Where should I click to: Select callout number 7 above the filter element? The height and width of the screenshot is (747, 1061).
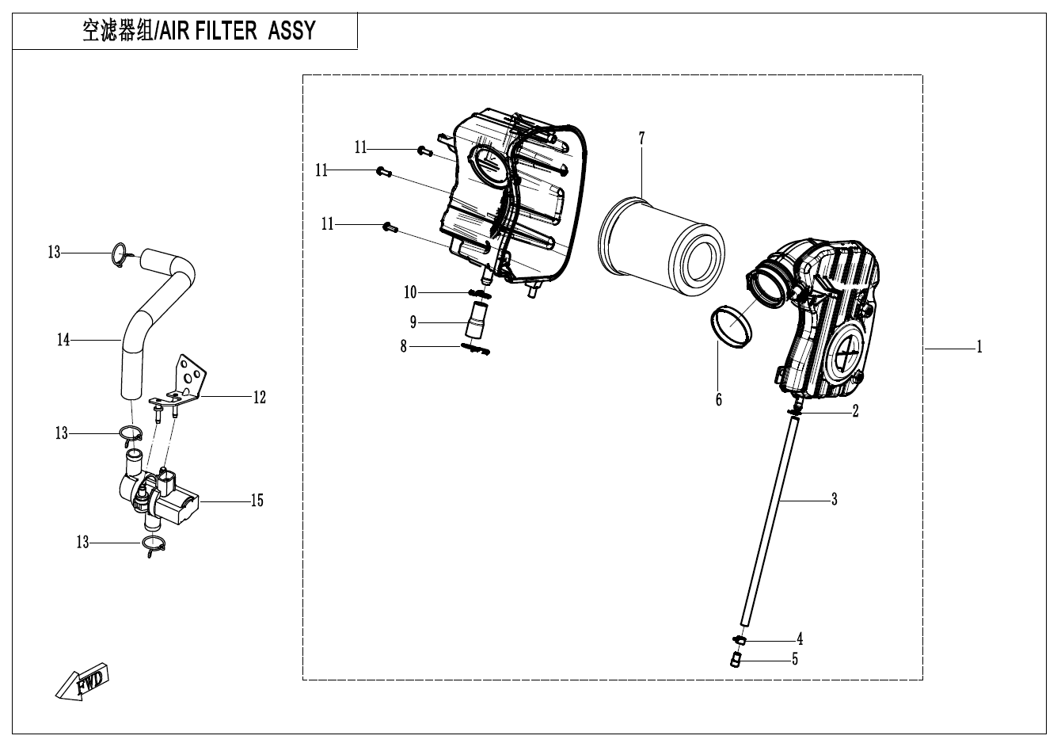tap(641, 139)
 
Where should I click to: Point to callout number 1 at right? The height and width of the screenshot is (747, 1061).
tap(979, 347)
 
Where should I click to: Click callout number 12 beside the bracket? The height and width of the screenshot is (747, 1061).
tap(260, 397)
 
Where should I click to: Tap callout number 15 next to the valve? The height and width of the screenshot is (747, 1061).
tap(257, 501)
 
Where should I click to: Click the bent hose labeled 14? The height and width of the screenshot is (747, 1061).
tap(158, 309)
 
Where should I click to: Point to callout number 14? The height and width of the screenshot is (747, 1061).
tap(63, 340)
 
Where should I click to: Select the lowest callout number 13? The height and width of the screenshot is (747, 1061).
tap(82, 543)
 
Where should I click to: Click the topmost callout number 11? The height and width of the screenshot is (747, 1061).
tap(361, 147)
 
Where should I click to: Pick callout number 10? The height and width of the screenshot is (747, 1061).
tap(410, 293)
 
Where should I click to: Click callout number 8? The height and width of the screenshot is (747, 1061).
tap(404, 346)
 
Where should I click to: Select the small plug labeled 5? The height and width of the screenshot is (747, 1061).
tap(736, 659)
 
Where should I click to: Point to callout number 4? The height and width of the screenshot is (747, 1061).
tap(800, 638)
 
